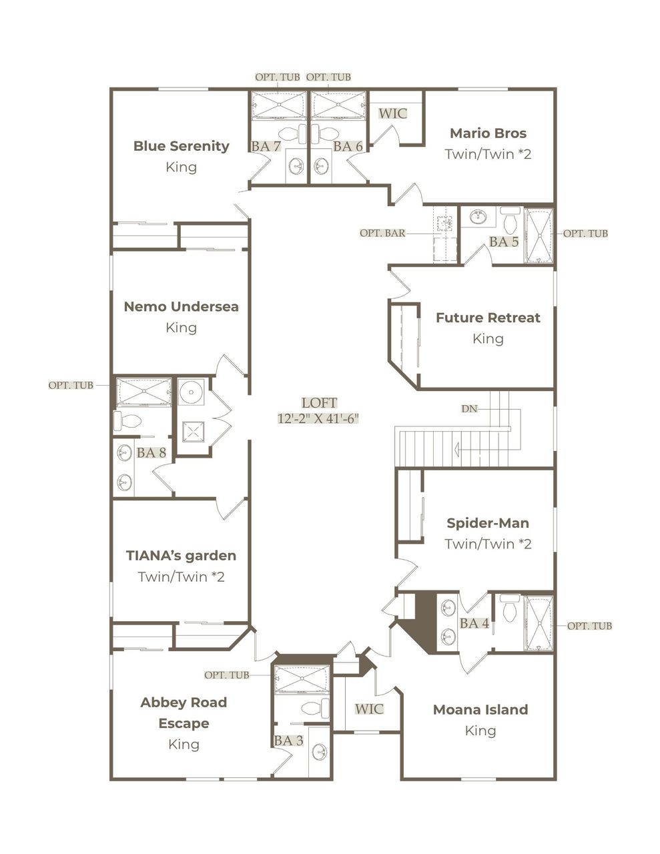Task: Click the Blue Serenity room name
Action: point(181,145)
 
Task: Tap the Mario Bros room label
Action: point(488,133)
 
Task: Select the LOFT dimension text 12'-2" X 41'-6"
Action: point(319,419)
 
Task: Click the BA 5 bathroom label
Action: point(504,242)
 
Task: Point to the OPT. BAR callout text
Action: point(382,234)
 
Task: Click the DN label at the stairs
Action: point(469,408)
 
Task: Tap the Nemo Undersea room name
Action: point(181,306)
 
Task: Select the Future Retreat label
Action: point(488,318)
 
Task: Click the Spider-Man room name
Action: point(488,522)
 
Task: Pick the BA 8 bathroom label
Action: point(151,452)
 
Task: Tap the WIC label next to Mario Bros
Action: point(392,113)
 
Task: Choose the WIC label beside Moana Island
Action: point(369,709)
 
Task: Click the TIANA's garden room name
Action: point(181,555)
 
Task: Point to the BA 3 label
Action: point(288,741)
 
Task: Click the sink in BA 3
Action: point(320,752)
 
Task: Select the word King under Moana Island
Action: point(480,731)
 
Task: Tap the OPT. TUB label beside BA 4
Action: point(589,626)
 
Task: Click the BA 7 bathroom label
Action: point(266,145)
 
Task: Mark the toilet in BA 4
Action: point(510,608)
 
